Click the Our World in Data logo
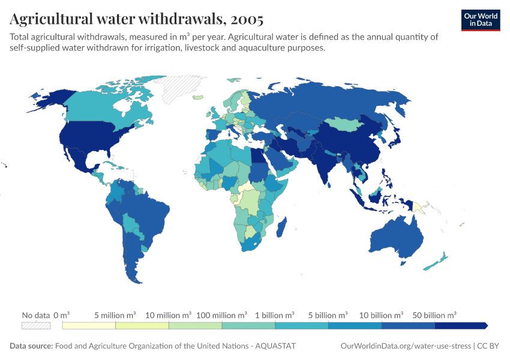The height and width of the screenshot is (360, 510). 481,20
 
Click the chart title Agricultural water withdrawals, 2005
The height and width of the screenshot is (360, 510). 136,19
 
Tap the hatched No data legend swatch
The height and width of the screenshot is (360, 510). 35,325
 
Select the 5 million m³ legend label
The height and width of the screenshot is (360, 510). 115,314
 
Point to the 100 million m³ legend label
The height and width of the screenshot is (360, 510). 222,314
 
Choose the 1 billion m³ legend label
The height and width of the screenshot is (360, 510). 275,314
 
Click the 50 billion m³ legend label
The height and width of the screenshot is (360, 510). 434,314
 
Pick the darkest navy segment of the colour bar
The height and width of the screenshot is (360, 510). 460,325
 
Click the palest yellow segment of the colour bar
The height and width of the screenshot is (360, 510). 89,325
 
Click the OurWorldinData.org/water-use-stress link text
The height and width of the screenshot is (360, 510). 406,346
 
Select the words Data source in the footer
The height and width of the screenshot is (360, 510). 31,346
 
